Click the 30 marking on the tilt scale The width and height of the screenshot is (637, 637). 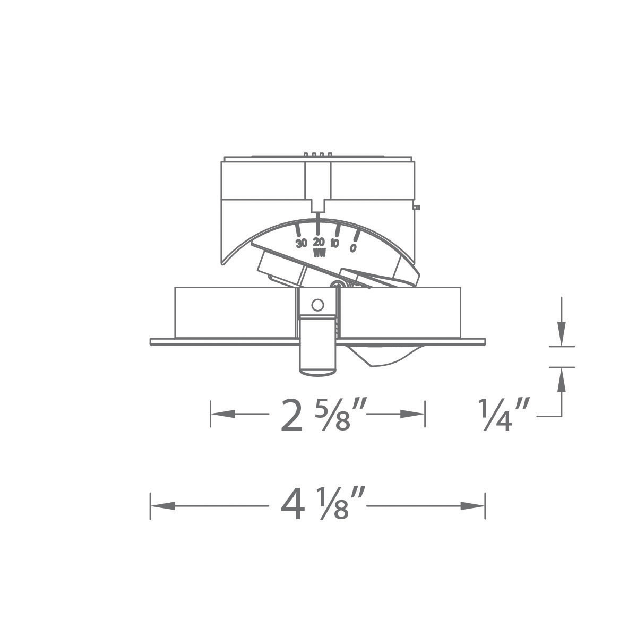[302, 244]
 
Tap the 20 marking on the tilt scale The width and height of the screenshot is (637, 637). [318, 242]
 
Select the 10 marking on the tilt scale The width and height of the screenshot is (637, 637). [335, 244]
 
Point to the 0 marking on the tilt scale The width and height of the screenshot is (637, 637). [352, 247]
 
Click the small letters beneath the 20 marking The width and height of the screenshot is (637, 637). [319, 253]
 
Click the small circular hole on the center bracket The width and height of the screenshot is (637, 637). [317, 305]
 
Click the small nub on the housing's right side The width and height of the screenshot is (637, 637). [418, 207]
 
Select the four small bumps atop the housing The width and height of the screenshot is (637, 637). [318, 154]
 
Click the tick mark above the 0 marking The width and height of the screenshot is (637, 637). [357, 235]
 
